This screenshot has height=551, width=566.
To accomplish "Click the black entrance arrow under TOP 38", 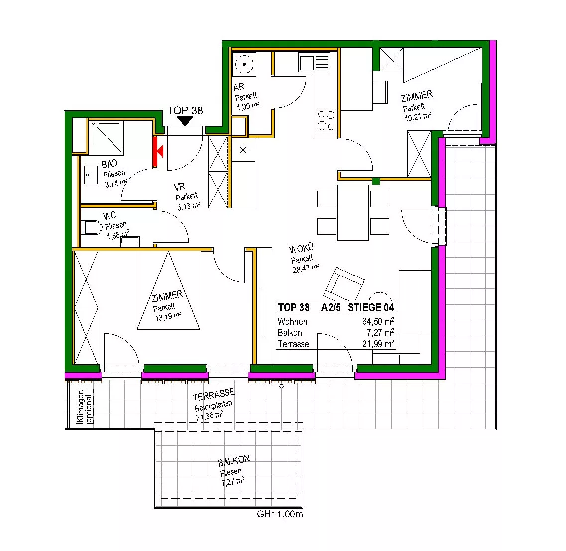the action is point(185,121).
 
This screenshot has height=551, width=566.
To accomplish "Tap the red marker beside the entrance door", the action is point(158,151).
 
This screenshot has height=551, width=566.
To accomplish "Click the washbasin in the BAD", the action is point(91,175).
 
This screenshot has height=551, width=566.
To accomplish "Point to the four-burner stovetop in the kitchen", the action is point(326,121).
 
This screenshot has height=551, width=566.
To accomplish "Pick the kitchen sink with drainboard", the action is point(315,62).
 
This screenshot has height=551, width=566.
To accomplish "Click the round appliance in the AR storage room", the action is point(244,64).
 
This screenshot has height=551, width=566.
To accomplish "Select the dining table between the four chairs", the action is point(352,212).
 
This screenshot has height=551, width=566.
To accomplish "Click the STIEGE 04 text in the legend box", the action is point(371,308).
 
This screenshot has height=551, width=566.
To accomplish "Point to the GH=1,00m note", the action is point(280,514).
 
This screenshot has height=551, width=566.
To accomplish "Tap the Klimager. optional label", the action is point(84,406).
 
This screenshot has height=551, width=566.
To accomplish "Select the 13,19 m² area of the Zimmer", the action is point(168,316).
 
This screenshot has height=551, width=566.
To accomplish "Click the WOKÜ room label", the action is point(301,248).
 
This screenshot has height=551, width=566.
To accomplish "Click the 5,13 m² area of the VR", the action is point(189,206).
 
